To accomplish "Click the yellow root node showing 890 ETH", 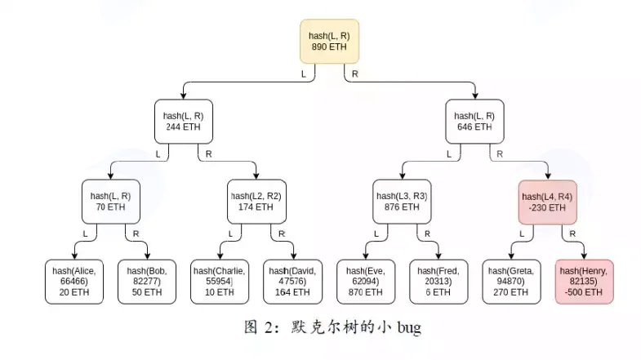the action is click(330, 42).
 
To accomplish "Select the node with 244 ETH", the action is click(184, 122).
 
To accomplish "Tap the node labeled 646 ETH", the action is click(474, 122).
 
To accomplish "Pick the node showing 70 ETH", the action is click(111, 202).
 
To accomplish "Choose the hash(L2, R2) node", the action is click(256, 202).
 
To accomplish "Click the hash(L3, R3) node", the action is click(402, 202).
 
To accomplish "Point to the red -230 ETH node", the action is click(547, 202).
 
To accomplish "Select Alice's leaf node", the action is click(74, 282).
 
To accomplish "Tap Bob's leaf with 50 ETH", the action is click(147, 282).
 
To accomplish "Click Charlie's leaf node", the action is click(220, 282).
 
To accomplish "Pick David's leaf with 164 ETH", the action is click(292, 282).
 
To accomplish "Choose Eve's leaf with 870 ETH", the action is click(366, 282).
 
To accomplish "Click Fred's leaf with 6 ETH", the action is click(438, 282).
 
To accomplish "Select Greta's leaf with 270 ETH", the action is click(511, 282).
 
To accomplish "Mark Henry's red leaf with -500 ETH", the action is click(584, 282).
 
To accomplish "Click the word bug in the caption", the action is click(409, 328).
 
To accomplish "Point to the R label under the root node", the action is click(355, 74).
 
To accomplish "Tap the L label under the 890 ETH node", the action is click(303, 74).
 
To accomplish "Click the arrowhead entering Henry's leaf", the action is click(584, 256).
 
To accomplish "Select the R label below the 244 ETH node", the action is click(208, 154).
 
